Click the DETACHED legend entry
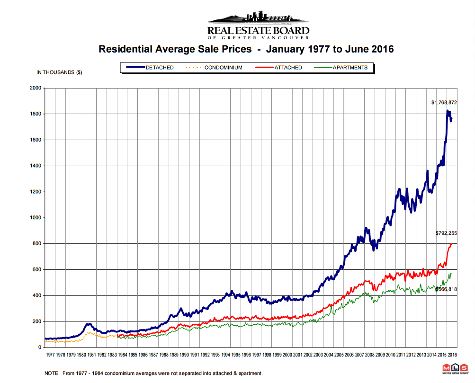click(159, 68)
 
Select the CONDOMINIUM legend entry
click(223, 68)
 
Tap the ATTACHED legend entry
click(287, 68)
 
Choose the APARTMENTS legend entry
click(350, 68)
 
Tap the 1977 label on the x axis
click(50, 354)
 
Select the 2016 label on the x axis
click(452, 354)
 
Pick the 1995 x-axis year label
click(235, 354)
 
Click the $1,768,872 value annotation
click(444, 102)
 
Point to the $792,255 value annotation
click(446, 233)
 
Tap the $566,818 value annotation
click(447, 289)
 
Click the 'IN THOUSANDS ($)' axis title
click(59, 72)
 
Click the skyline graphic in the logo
click(259, 18)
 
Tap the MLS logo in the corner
click(455, 369)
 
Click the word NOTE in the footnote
click(52, 374)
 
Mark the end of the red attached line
click(451, 244)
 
